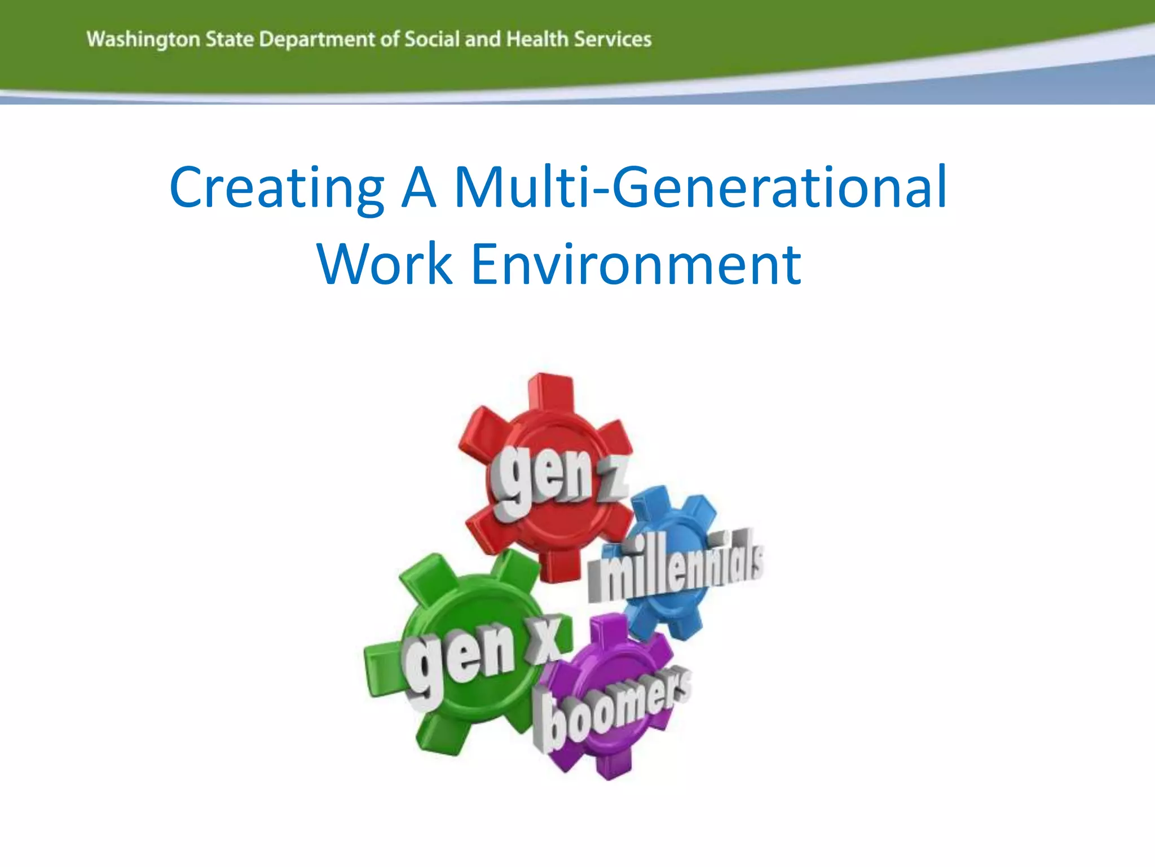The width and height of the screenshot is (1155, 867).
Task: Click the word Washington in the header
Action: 143,40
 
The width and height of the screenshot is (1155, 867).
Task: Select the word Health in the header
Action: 537,39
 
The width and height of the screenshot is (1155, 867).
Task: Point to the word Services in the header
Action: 612,39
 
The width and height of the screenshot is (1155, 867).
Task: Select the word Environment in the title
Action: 636,264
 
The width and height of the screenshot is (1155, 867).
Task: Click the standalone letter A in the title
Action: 418,188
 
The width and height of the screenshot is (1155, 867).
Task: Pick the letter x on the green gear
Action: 544,641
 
